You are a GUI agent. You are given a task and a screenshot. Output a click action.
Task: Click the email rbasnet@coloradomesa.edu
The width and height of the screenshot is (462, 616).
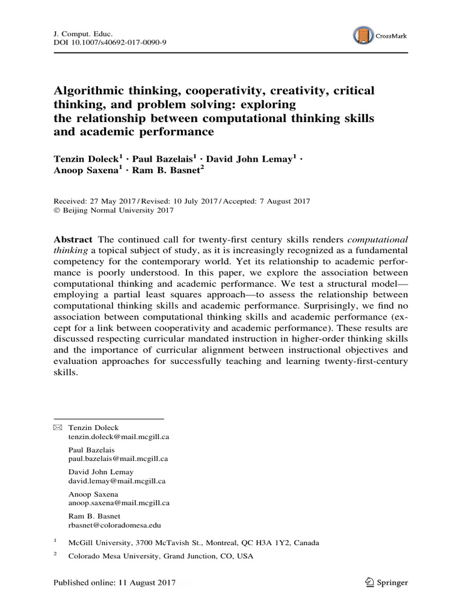tap(114, 525)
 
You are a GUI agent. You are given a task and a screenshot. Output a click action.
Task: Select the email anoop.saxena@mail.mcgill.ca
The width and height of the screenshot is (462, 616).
tap(119, 503)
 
